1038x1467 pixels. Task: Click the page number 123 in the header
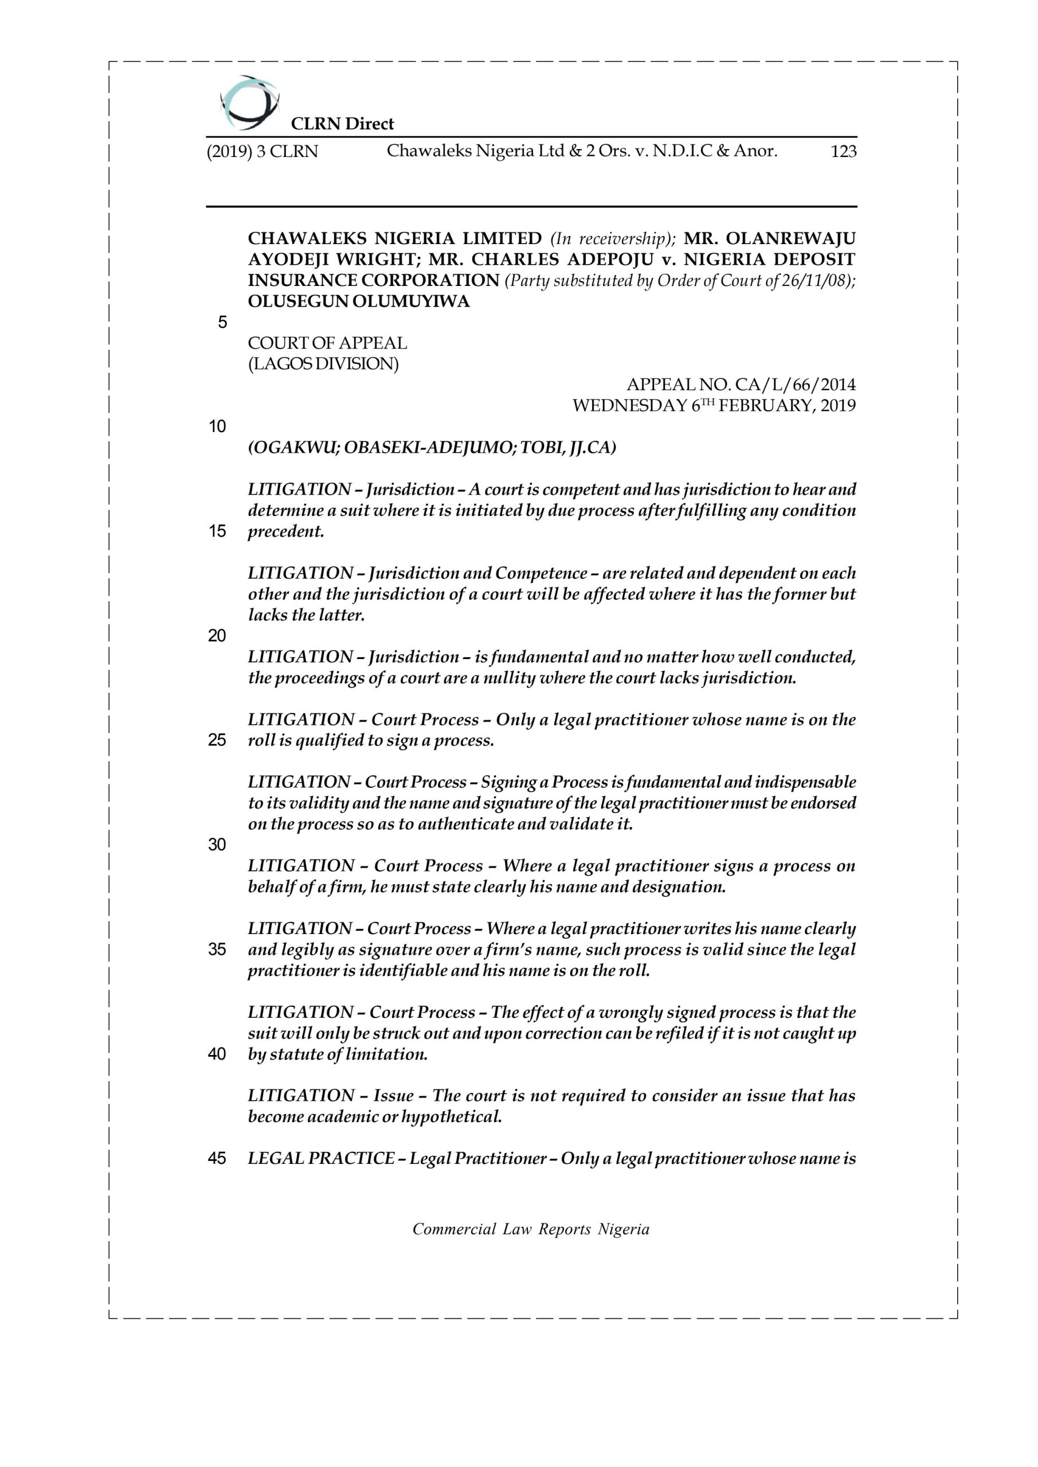click(843, 151)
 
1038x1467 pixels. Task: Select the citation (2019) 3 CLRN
click(262, 151)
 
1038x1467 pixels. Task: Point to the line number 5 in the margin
click(222, 323)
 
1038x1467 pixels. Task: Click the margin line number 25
click(217, 740)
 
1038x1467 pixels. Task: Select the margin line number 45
click(217, 1158)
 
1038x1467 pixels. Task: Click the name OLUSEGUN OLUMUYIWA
click(359, 301)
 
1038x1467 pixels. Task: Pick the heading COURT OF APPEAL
click(327, 343)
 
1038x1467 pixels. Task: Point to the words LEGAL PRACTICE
click(321, 1158)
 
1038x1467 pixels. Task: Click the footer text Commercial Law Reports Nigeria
click(531, 1229)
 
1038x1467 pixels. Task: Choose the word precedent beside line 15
click(285, 531)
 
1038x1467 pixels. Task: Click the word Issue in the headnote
click(393, 1095)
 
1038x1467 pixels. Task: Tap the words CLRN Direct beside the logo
click(342, 123)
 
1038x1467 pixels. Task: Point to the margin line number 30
click(217, 845)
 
